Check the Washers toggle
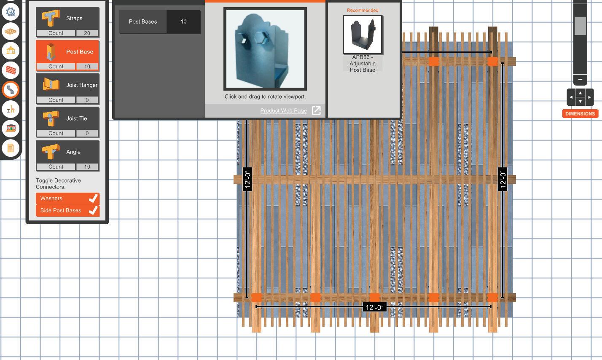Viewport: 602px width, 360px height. click(67, 198)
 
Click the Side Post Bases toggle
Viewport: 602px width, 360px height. click(67, 210)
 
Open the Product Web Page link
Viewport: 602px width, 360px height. click(283, 110)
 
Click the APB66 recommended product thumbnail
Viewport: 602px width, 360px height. click(363, 35)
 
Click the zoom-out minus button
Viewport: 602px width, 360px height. click(580, 79)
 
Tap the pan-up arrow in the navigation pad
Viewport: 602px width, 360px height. click(580, 93)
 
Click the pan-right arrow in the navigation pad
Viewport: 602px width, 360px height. click(589, 97)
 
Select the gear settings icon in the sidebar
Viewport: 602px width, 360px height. click(11, 12)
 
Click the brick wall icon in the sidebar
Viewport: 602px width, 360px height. click(11, 70)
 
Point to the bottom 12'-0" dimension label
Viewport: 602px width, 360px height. click(374, 307)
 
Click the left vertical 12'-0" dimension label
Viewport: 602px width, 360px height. click(247, 179)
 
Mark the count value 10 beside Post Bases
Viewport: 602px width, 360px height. click(183, 21)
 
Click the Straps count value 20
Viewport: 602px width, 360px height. click(87, 33)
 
